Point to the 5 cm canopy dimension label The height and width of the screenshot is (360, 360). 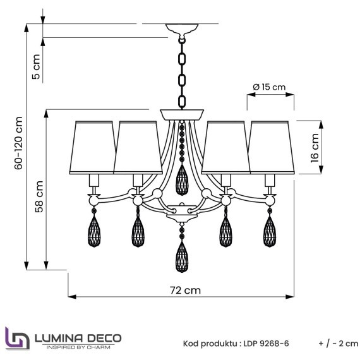(x=36, y=66)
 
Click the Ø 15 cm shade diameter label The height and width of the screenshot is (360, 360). (x=269, y=87)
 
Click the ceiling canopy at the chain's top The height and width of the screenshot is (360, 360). (x=182, y=29)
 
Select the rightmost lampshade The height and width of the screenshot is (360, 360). (x=272, y=145)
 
